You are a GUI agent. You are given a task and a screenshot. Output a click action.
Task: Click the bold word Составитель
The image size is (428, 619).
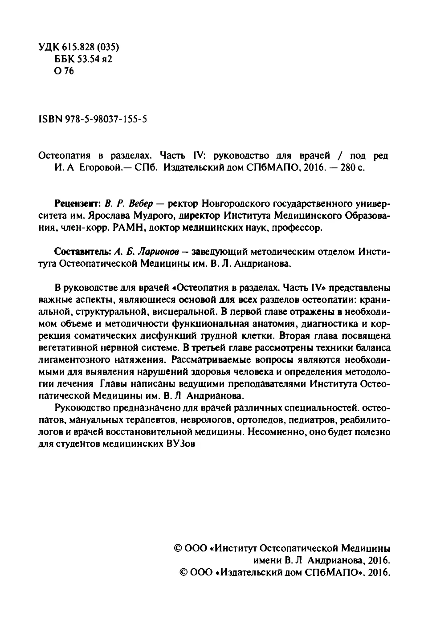(x=82, y=252)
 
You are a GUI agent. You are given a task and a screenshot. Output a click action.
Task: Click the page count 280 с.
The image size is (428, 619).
(x=351, y=169)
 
